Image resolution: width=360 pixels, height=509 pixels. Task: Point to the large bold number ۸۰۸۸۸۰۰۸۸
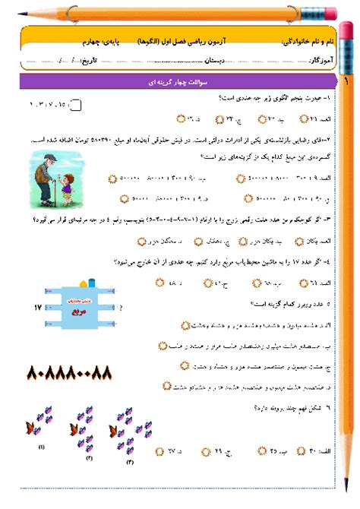(69, 372)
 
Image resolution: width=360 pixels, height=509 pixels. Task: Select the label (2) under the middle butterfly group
(89, 459)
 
